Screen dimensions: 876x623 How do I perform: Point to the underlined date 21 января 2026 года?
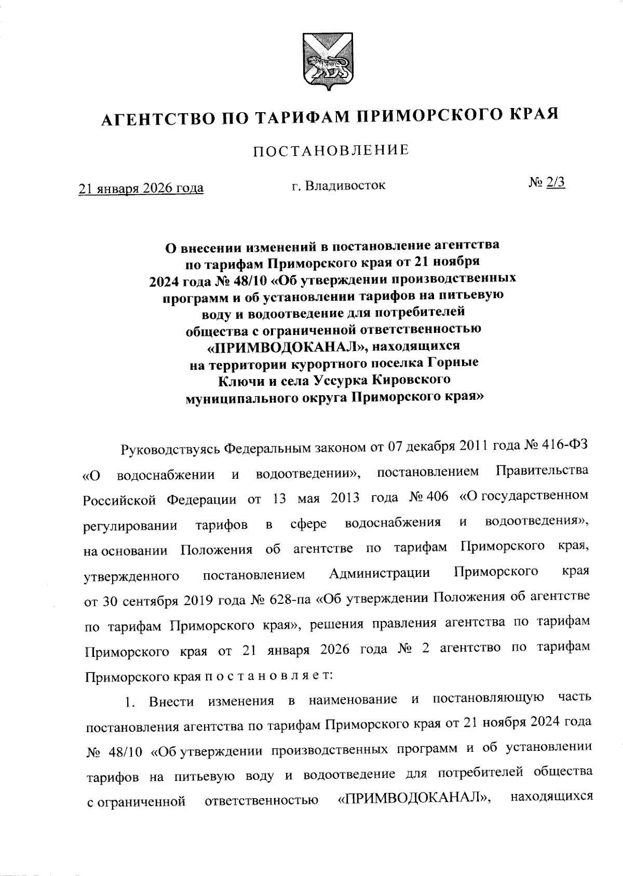(141, 187)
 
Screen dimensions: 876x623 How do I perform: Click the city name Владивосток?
(345, 185)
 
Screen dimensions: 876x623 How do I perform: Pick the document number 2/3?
(555, 182)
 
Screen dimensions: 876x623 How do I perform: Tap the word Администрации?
(380, 573)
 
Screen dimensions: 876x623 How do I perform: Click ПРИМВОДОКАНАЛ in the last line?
(415, 800)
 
